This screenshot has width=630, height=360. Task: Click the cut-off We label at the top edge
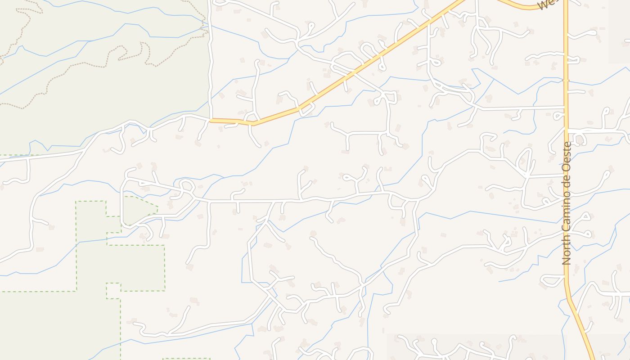pos(545,4)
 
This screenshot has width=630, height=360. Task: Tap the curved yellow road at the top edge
pos(522,6)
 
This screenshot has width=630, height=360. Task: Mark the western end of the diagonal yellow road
pos(211,120)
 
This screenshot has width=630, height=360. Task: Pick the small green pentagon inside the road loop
pos(139,210)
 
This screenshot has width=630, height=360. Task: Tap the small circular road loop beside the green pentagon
pos(186,185)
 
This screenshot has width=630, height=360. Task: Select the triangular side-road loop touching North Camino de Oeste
pos(553,281)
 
